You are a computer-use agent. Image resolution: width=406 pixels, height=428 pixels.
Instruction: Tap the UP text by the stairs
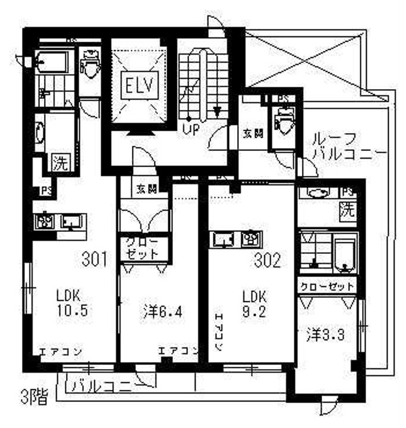coord(190,128)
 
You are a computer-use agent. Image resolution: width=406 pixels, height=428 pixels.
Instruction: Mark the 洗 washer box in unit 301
coord(60,162)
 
